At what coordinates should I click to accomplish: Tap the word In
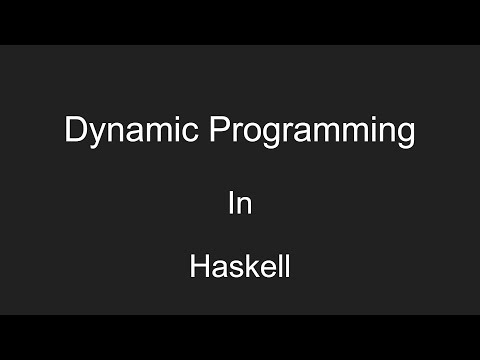tap(239, 204)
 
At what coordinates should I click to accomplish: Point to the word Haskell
tap(240, 268)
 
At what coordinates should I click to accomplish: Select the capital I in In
tap(231, 204)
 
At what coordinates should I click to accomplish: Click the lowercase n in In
tap(243, 206)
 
